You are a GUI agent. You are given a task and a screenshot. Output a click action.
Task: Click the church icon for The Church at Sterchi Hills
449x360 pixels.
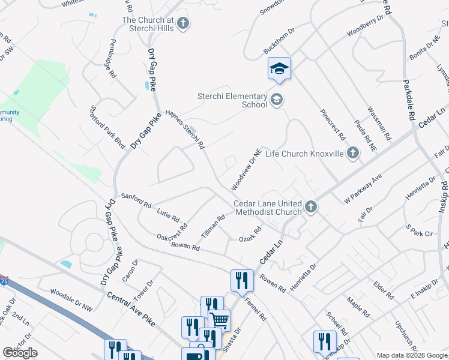[x=183, y=24]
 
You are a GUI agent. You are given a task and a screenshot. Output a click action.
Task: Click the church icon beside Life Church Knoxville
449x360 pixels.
[x=352, y=154]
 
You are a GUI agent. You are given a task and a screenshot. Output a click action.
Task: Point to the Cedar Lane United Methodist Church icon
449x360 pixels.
[x=310, y=208]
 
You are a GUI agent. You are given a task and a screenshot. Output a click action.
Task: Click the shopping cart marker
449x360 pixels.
[x=220, y=320]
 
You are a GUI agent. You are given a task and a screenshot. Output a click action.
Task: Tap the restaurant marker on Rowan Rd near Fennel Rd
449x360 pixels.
[x=242, y=280]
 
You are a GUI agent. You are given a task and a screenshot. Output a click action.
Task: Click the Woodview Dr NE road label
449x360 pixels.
[x=245, y=168]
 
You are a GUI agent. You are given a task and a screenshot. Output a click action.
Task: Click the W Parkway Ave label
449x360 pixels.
[x=363, y=188]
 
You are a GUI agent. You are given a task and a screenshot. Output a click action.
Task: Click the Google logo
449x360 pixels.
[x=20, y=353]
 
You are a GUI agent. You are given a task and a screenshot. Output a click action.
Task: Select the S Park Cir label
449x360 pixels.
[x=419, y=231]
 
